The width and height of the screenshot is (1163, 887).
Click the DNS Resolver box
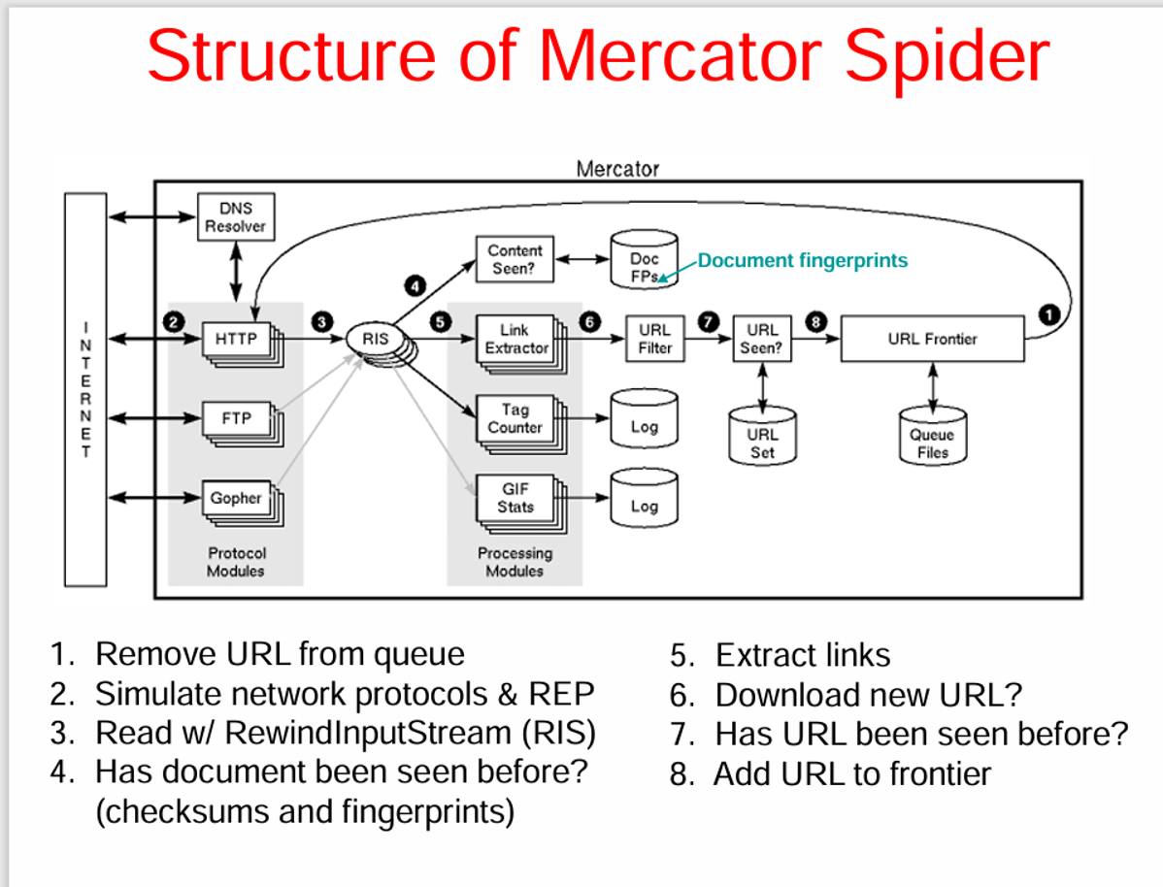click(235, 216)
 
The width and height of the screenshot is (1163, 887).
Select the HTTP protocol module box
click(235, 339)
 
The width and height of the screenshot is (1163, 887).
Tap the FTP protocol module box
click(235, 418)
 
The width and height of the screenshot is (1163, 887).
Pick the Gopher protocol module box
click(235, 498)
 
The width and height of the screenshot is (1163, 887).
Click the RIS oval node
click(375, 340)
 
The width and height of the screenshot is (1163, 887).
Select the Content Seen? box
click(515, 259)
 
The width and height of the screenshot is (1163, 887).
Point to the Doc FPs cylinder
click(644, 259)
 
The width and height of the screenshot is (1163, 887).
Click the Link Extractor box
click(515, 339)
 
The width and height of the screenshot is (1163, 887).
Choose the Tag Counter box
click(515, 418)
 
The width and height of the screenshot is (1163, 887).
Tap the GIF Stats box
click(515, 498)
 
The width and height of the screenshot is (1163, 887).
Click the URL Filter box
click(654, 339)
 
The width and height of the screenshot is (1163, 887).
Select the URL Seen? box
click(762, 339)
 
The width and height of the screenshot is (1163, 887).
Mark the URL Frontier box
click(932, 339)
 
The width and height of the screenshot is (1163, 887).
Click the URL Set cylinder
click(762, 434)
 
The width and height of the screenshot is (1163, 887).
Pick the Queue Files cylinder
click(932, 434)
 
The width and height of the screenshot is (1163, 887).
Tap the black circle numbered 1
click(1048, 312)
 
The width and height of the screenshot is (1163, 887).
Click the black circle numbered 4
click(415, 285)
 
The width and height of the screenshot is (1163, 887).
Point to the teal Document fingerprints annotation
click(803, 260)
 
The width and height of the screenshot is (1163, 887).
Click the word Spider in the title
click(946, 55)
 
